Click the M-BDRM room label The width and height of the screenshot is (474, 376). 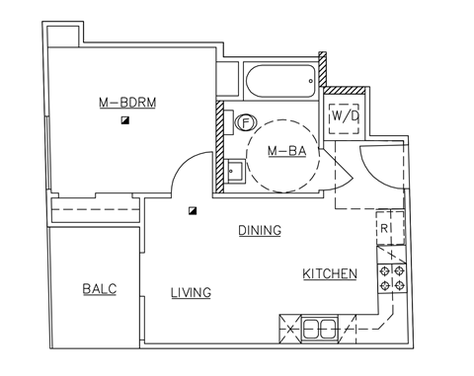127,102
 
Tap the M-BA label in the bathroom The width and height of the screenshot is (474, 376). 285,151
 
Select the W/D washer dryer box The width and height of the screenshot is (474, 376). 345,115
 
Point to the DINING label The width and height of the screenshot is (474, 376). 260,230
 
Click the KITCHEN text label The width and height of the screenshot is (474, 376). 329,273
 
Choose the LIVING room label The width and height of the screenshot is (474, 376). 191,292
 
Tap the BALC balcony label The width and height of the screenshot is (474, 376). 99,288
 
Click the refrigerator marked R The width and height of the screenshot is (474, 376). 389,226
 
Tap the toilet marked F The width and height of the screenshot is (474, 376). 245,122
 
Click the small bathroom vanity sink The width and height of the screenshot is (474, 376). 234,171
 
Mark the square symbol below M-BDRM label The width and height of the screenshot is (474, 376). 125,119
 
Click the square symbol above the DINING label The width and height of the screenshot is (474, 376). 194,210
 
